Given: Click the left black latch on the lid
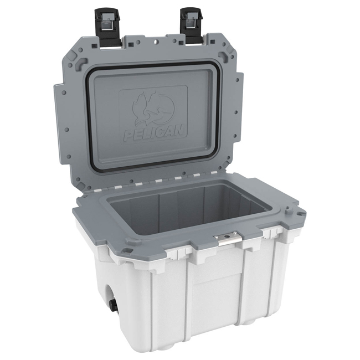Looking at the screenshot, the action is tap(107, 27).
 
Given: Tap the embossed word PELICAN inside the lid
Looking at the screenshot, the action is tap(154, 133).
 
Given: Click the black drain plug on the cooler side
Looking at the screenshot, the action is tap(114, 305).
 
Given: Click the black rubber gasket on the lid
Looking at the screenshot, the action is tap(153, 116).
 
